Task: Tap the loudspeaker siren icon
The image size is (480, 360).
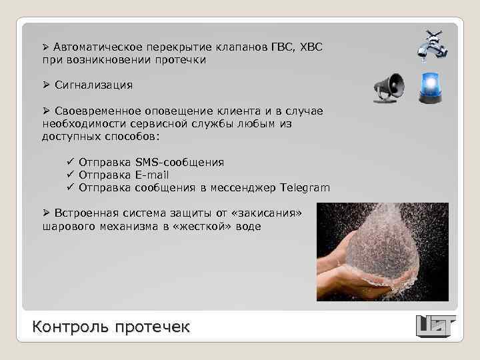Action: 389,88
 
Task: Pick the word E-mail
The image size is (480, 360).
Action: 151,175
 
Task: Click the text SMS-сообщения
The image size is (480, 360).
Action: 179,162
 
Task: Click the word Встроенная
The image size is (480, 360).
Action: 87,213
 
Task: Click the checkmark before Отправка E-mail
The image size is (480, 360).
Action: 69,175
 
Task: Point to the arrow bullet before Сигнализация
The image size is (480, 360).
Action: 46,85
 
